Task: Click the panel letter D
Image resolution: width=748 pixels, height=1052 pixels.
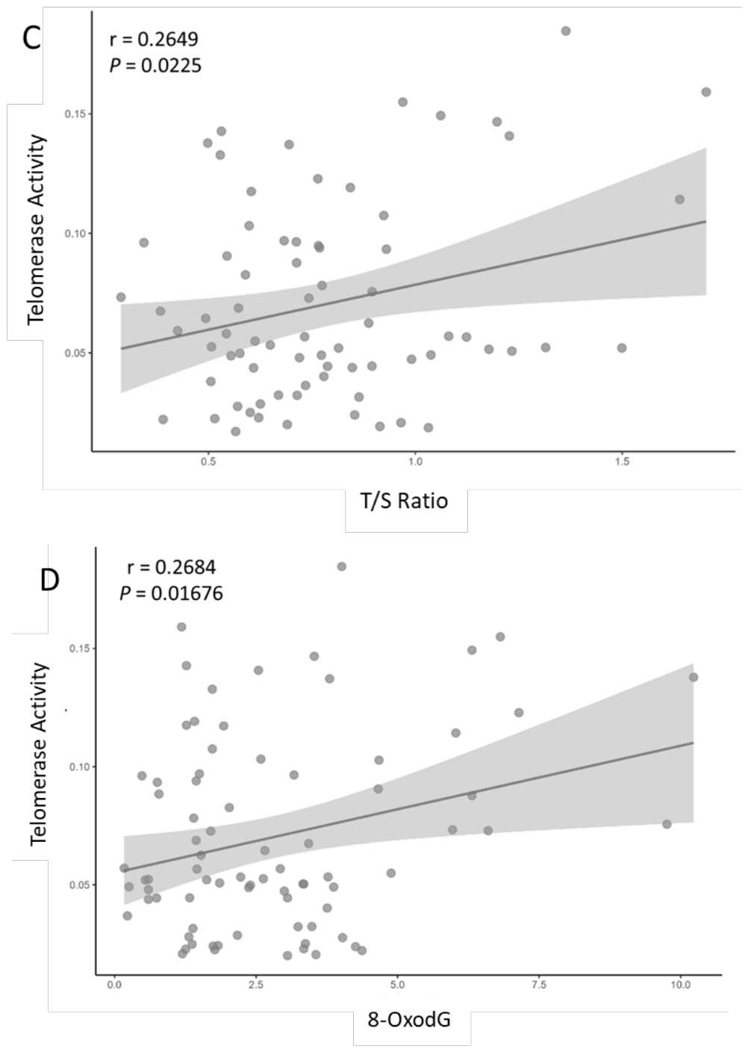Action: click(x=50, y=581)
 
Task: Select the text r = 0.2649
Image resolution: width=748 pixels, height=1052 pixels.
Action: click(x=154, y=40)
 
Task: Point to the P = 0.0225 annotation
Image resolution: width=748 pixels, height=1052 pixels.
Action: click(x=155, y=66)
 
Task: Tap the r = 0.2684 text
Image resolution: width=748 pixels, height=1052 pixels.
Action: click(x=171, y=567)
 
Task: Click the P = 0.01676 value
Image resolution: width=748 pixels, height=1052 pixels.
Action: click(x=171, y=594)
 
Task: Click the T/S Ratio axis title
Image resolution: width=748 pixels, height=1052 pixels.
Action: click(x=404, y=501)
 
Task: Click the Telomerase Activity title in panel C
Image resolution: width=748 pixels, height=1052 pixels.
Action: click(x=36, y=229)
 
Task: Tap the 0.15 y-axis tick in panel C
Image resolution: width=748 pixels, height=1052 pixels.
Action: click(x=73, y=114)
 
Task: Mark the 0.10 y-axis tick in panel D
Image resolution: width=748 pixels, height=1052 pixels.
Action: click(x=78, y=767)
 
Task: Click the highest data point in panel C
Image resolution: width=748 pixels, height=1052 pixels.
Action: click(x=566, y=31)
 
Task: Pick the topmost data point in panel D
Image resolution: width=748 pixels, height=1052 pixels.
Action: click(x=342, y=566)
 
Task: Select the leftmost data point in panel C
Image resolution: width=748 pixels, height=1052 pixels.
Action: click(x=121, y=297)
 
